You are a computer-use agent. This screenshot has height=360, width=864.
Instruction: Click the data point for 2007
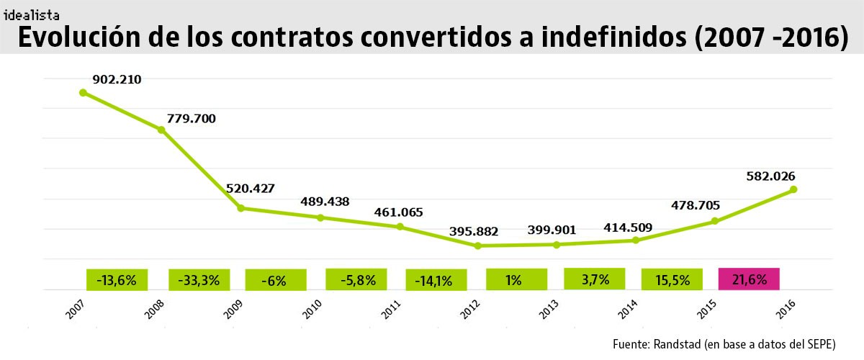tap(83, 92)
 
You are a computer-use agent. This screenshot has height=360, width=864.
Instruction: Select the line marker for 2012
tap(477, 246)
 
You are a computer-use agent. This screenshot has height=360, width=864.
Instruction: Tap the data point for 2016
tap(793, 189)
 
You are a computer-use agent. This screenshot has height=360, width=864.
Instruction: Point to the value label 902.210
tap(117, 79)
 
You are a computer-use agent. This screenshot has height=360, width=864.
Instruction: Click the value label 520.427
tap(251, 189)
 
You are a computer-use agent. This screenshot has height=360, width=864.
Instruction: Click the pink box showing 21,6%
tap(749, 279)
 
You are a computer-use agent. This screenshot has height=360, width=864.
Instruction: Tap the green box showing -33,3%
tap(199, 279)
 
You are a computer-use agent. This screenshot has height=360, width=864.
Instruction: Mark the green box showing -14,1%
tap(436, 280)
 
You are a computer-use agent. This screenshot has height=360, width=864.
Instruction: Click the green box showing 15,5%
tap(672, 279)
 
